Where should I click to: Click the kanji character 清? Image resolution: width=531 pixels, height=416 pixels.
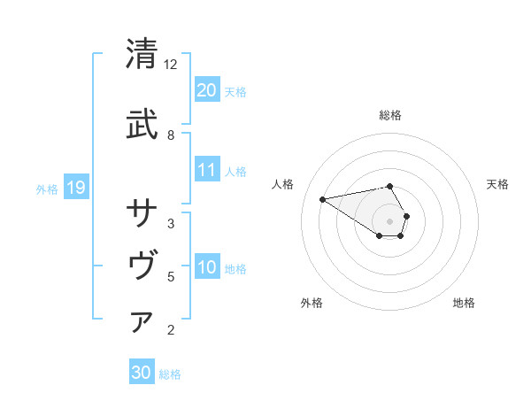point(142,55)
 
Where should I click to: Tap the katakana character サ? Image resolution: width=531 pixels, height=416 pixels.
point(142,212)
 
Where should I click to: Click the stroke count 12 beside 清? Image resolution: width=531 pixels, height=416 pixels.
point(171,65)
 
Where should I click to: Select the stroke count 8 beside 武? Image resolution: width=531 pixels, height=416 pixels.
point(171,135)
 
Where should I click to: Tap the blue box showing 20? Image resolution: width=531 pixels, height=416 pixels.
point(206,90)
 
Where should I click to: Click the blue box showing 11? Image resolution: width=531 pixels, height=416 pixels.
point(206,170)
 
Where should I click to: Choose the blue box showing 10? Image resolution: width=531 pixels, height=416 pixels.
point(206,267)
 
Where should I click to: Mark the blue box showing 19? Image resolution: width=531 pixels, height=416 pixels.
point(76,188)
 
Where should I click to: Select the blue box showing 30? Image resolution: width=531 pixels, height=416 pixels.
point(142,373)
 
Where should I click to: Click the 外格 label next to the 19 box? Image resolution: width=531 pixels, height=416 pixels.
point(47,189)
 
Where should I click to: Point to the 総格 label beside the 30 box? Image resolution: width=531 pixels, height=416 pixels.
point(170,374)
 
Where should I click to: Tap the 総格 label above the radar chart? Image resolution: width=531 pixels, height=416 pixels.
point(389,115)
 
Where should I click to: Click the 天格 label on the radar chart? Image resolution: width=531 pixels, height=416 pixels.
point(497,184)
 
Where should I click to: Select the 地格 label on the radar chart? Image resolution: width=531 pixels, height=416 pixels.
point(464,303)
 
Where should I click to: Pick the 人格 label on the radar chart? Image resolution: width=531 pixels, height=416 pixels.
point(283,184)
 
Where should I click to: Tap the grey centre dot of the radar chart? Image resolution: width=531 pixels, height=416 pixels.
point(389,220)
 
